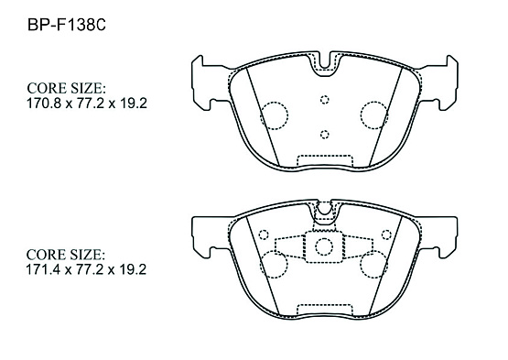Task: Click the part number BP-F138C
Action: tap(67, 25)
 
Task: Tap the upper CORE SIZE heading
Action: tap(66, 88)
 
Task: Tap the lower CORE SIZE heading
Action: tap(66, 255)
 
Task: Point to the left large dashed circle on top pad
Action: tap(274, 115)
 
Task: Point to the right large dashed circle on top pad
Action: tap(374, 115)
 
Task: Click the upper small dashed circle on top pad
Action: tap(325, 100)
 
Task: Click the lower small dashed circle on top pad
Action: tap(325, 135)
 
